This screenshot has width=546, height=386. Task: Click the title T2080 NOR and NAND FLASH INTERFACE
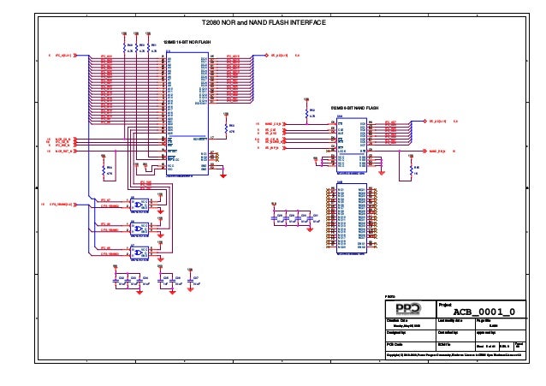pos(262,22)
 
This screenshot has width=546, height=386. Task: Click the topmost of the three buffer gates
pos(139,205)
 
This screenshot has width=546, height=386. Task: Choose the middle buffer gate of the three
pos(139,229)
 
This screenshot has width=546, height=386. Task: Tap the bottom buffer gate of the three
pos(139,252)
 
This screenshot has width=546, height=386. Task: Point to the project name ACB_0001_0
pos(483,312)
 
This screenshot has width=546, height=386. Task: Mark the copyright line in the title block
pos(454,353)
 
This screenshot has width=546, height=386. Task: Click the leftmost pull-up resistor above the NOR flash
pos(126,44)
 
